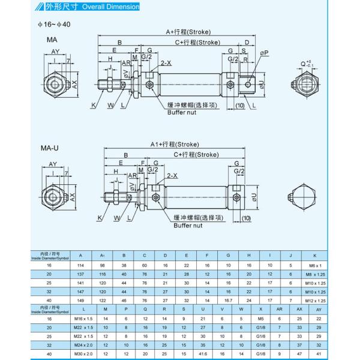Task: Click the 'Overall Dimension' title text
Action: click(114, 7)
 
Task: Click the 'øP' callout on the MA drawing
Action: click(265, 52)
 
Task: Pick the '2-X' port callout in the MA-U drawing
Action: click(172, 175)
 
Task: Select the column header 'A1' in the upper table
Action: click(103, 254)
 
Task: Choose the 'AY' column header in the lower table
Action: click(319, 309)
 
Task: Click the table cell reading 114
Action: click(81, 265)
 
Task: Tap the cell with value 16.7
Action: click(227, 300)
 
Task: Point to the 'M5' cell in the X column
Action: click(260, 319)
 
